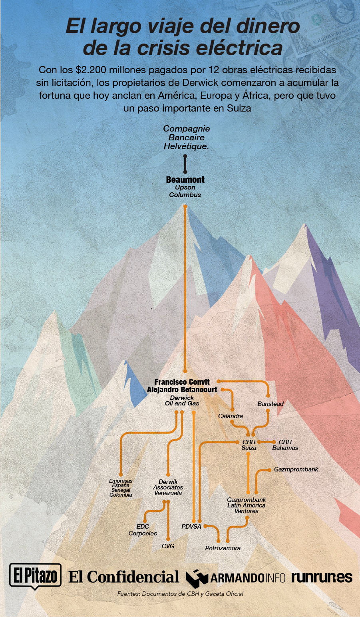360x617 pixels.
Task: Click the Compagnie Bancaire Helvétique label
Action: pos(186,138)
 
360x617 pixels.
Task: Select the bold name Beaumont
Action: pos(185,180)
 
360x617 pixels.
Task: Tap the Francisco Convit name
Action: pos(182,382)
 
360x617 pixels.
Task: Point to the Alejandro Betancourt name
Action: pos(182,389)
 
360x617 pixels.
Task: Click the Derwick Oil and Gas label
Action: pos(182,401)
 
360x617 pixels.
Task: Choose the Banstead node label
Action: pos(270,404)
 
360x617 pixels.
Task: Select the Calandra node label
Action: pos(231,416)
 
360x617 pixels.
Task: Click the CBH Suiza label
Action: pos(249,445)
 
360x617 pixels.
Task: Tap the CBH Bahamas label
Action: pos(285,445)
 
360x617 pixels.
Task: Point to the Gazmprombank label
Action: pos(296,469)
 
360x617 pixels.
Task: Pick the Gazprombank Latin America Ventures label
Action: pos(247,505)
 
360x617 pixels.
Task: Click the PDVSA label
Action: pos(191,527)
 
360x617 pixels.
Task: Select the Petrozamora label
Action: pos(223,548)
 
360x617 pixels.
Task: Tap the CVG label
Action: pos(168,546)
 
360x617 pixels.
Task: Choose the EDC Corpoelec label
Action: pos(143,530)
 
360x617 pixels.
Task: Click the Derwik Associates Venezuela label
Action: pos(168,487)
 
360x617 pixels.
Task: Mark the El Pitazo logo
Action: pos(35,576)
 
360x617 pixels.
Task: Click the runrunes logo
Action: pos(322,577)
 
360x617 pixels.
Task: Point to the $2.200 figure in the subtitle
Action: pos(91,70)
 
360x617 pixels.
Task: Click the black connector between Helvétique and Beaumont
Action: pos(185,164)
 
